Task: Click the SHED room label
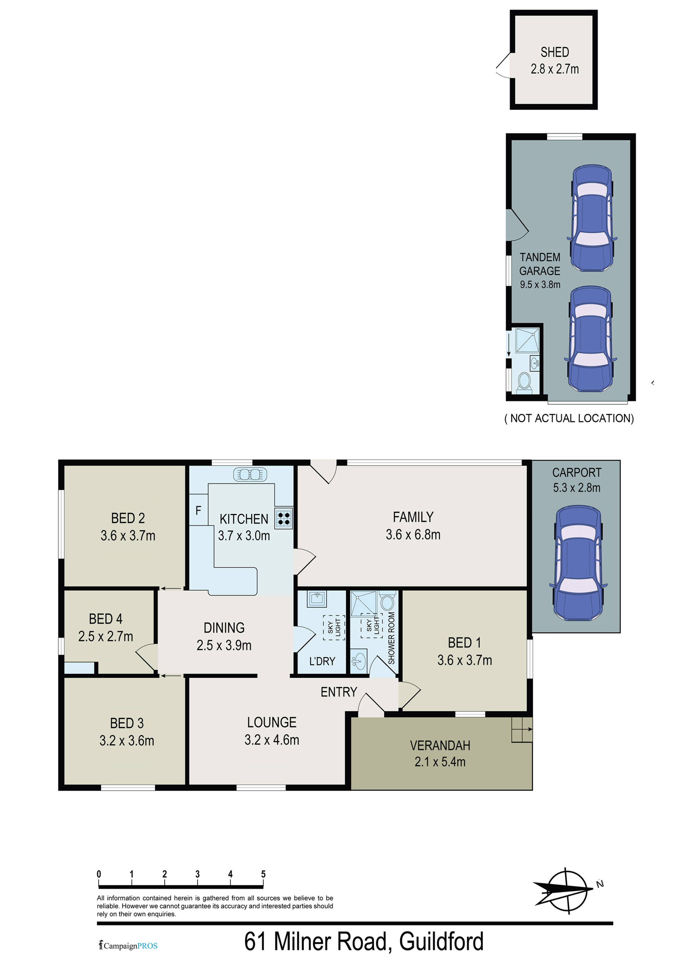coord(555,52)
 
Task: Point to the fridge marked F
coord(198,511)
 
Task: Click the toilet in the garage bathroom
coord(524,380)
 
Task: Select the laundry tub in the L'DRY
coord(317,598)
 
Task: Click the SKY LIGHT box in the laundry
coord(334,628)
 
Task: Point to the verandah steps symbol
coord(522,729)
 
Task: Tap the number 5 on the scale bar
coord(263,874)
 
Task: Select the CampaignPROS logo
coord(128,945)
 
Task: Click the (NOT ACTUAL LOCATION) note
coord(569,418)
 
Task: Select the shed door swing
coord(503,65)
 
